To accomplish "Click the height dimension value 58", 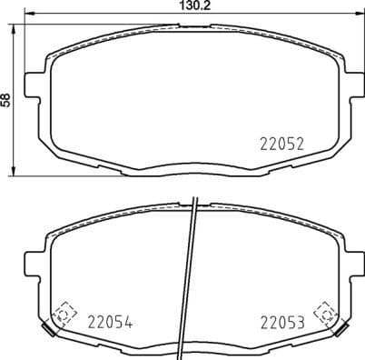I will [x=7, y=100].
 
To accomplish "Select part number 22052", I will [x=281, y=143].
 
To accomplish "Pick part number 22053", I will [x=281, y=320].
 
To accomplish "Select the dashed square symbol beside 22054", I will [x=63, y=314].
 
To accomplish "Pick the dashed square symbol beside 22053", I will [x=322, y=314].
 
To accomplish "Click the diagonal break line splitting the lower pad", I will [x=192, y=273].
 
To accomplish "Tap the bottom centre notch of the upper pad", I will [x=190, y=165].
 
